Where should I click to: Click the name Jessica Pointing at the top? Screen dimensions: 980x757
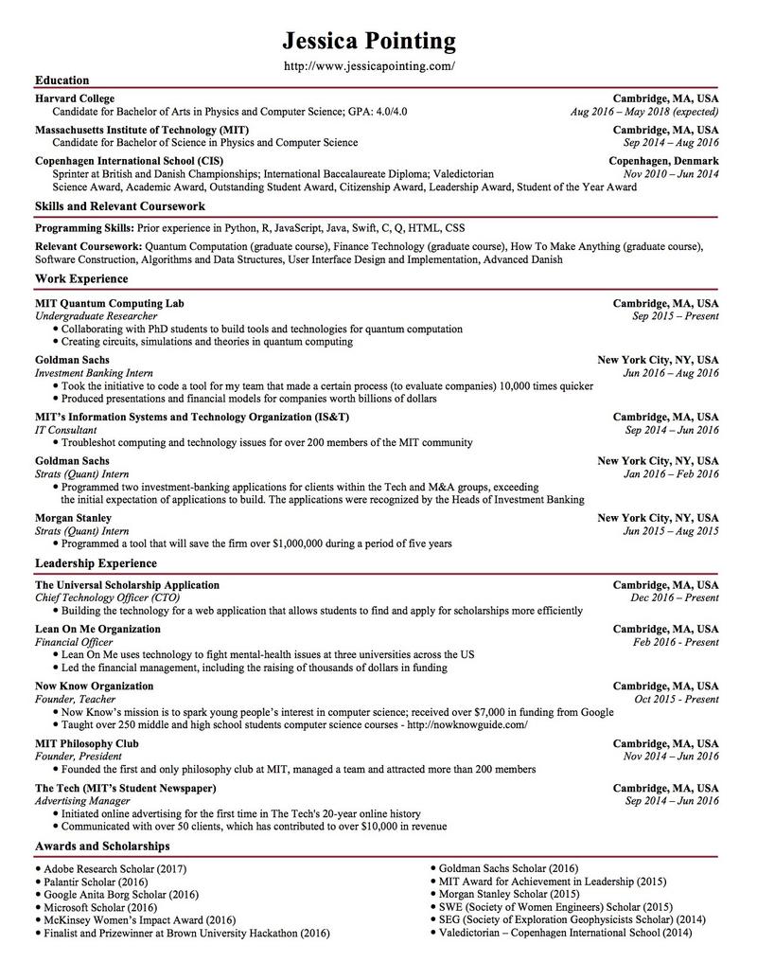click(369, 41)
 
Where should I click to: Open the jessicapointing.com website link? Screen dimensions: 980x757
click(370, 66)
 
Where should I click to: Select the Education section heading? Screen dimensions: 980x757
click(62, 80)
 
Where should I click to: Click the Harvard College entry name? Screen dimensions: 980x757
click(75, 98)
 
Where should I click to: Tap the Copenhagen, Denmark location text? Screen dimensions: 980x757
click(663, 161)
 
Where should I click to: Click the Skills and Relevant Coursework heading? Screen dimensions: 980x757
click(120, 205)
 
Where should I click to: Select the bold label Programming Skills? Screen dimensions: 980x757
click(84, 228)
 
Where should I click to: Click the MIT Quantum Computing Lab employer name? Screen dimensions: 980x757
click(110, 303)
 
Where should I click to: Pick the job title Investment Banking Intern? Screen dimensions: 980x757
click(94, 373)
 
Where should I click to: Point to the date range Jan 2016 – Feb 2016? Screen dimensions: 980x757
click(670, 474)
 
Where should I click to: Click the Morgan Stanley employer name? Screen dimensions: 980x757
click(73, 518)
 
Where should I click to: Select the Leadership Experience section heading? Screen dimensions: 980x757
click(96, 563)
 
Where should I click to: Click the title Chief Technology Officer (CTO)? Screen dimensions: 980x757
click(107, 598)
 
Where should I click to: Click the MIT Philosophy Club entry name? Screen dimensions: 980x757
click(87, 743)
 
